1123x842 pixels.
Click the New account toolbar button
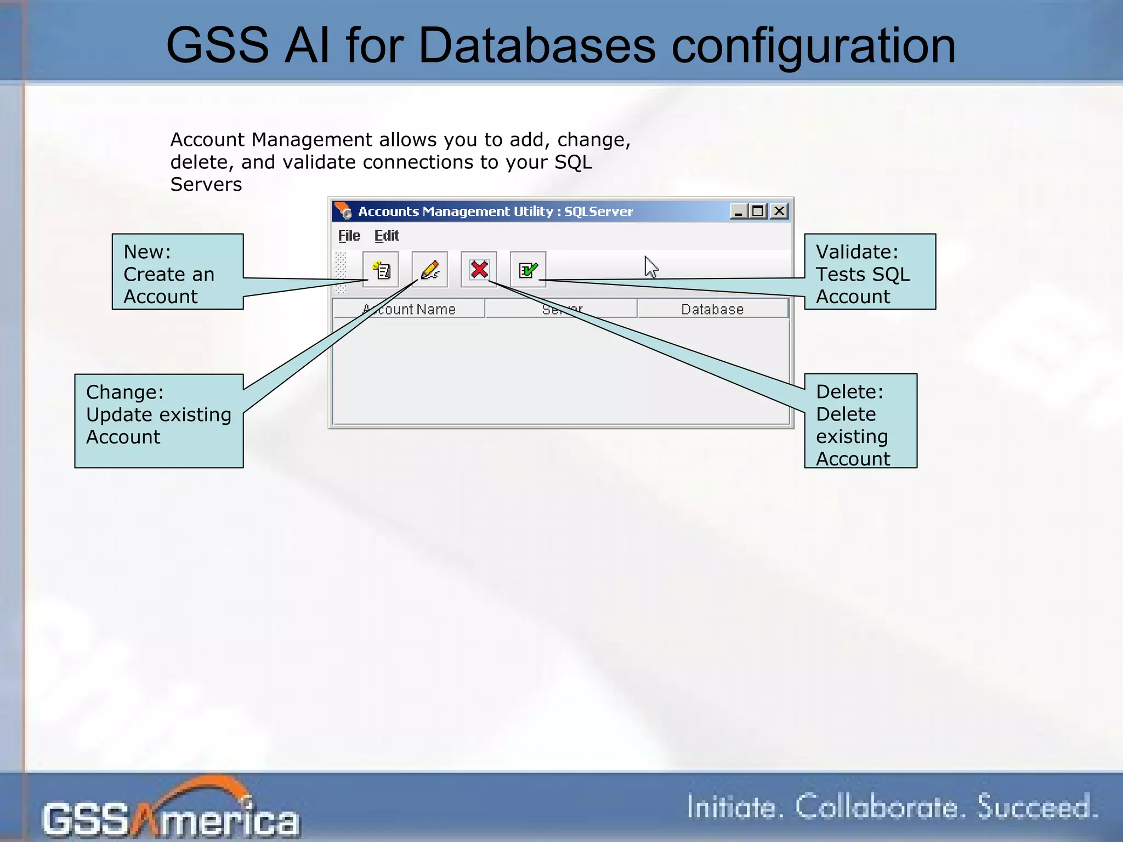(381, 269)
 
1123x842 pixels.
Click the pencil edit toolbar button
(430, 269)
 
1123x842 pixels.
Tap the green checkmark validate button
(528, 269)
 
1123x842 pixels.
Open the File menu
(349, 236)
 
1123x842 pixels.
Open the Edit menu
(387, 236)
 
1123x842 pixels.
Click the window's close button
(779, 211)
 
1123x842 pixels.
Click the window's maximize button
(758, 211)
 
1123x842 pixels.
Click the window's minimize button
(738, 211)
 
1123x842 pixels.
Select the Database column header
(712, 309)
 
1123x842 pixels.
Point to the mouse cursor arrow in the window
(651, 267)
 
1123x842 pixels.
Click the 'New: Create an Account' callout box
(178, 272)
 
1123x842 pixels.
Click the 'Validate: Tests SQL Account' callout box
(870, 272)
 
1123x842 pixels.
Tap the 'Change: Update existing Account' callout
(158, 420)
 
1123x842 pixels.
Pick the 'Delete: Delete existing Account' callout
(860, 420)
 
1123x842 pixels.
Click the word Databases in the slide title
(537, 45)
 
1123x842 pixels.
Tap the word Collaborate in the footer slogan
(877, 807)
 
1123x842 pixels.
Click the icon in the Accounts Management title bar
(344, 211)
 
